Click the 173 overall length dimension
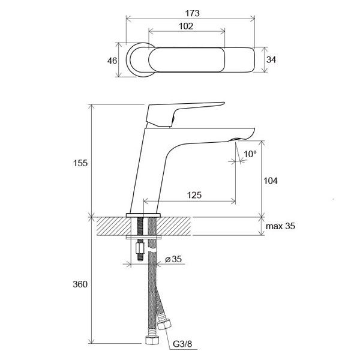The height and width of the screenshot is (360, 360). coord(192,13)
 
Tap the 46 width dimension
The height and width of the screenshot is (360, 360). coord(112,60)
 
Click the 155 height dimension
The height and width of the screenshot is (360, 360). coord(81,163)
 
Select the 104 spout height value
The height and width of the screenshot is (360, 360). coord(272,180)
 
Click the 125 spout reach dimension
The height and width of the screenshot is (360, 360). coord(193,195)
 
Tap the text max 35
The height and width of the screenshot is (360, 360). coord(281,227)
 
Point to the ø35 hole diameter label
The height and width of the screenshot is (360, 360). coord(173,260)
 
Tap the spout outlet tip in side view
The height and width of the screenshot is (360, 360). coord(236,139)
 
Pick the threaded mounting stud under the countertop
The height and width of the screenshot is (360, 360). coord(140,231)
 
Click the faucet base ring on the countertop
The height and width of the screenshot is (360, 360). coord(144,214)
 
